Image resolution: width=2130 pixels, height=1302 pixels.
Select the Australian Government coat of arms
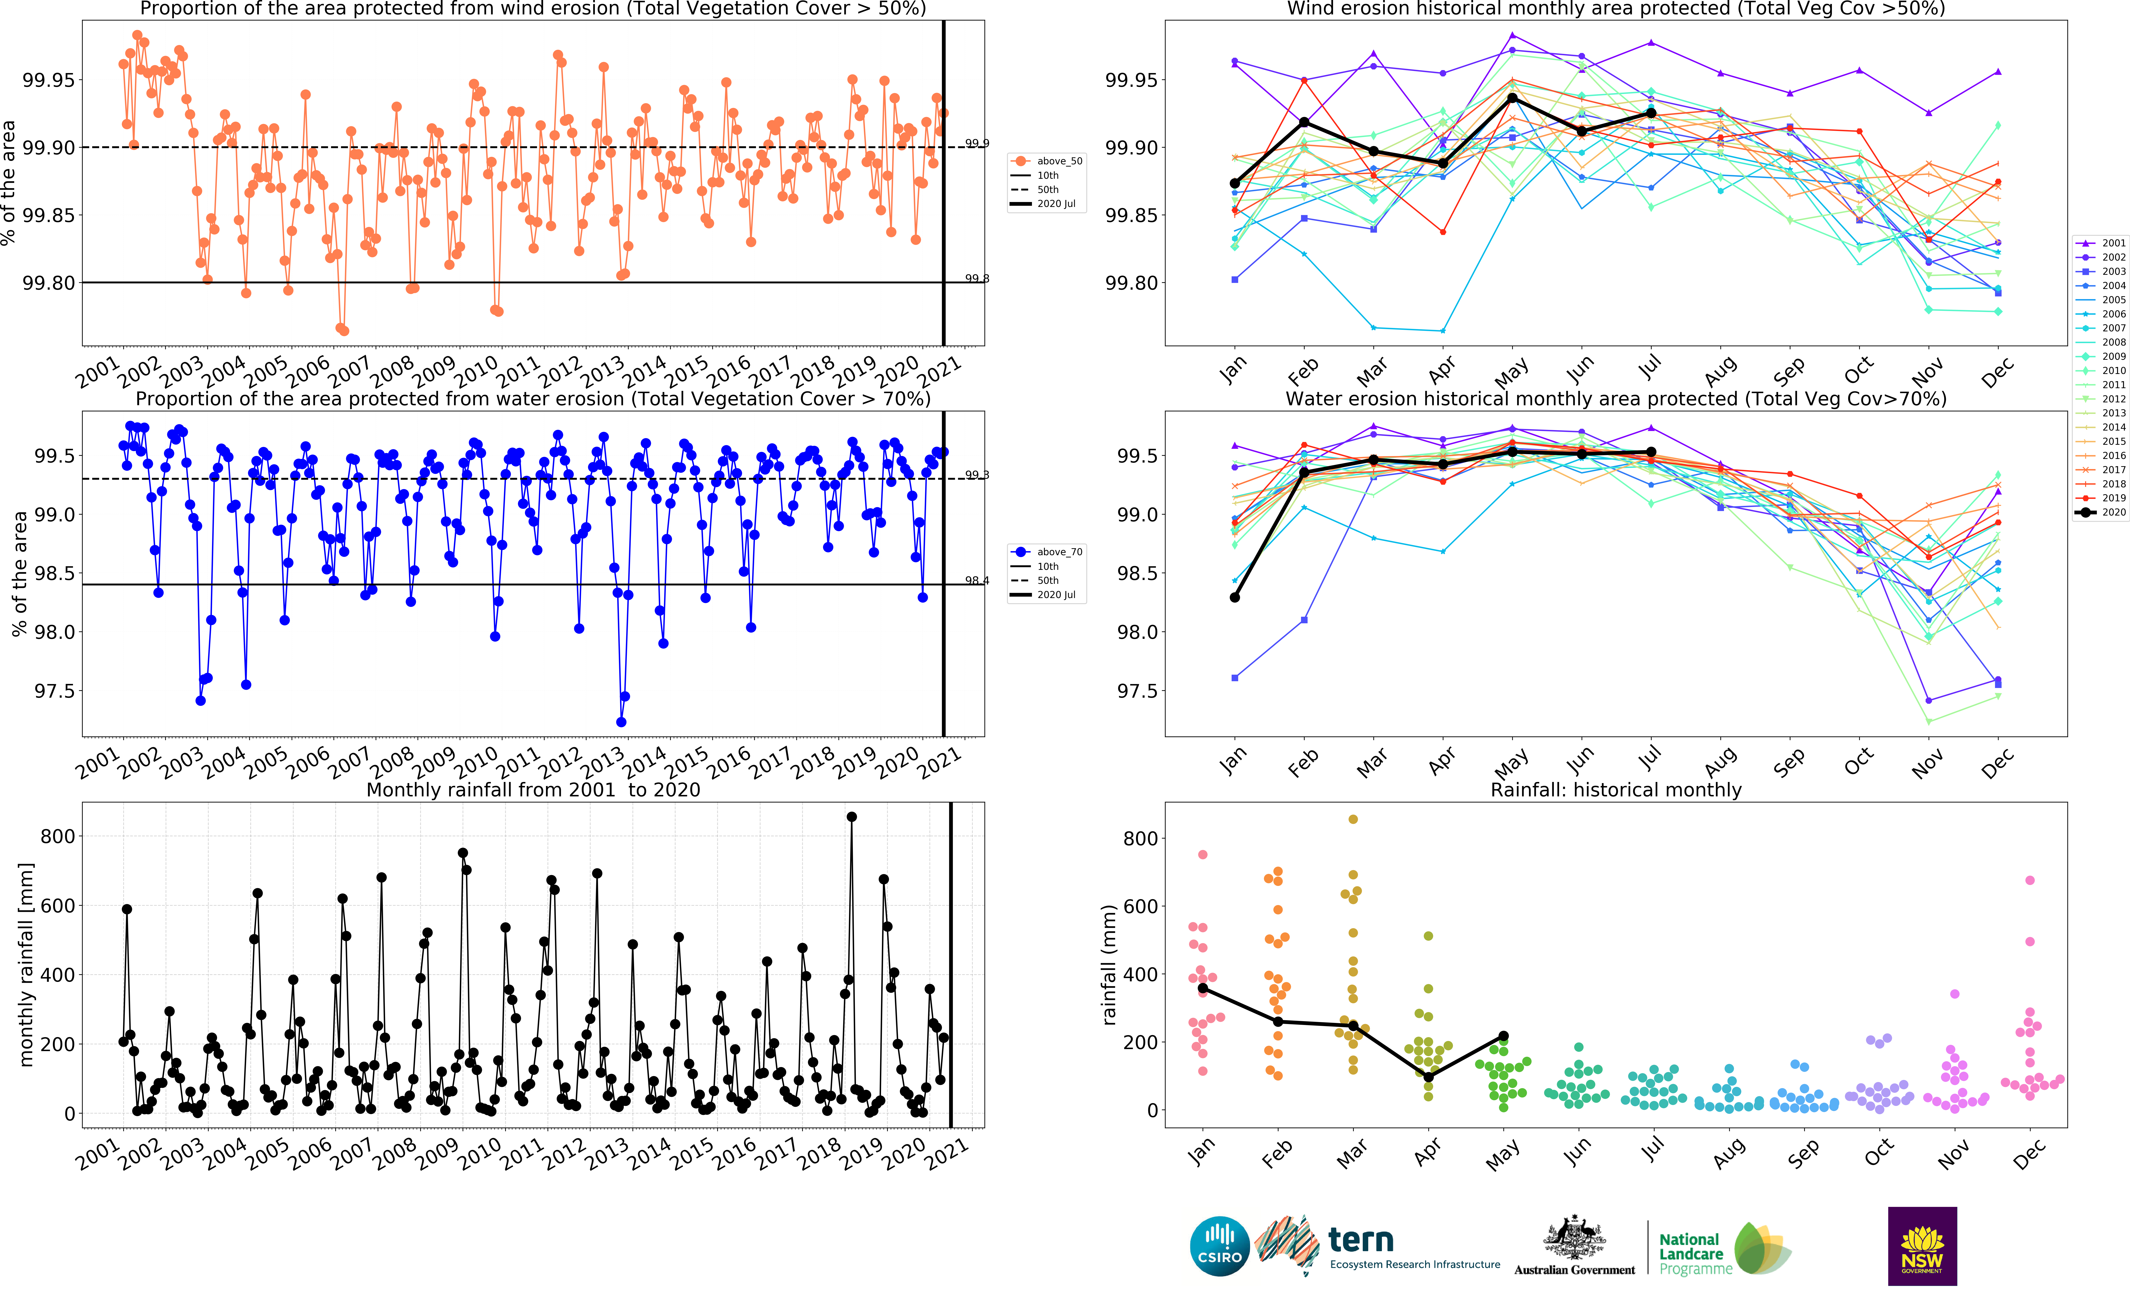click(x=1574, y=1238)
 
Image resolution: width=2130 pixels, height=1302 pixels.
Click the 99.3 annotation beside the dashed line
click(x=977, y=475)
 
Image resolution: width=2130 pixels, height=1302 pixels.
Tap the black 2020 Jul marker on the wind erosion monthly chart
click(x=1651, y=113)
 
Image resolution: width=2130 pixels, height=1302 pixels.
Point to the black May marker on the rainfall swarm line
click(x=1503, y=1036)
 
